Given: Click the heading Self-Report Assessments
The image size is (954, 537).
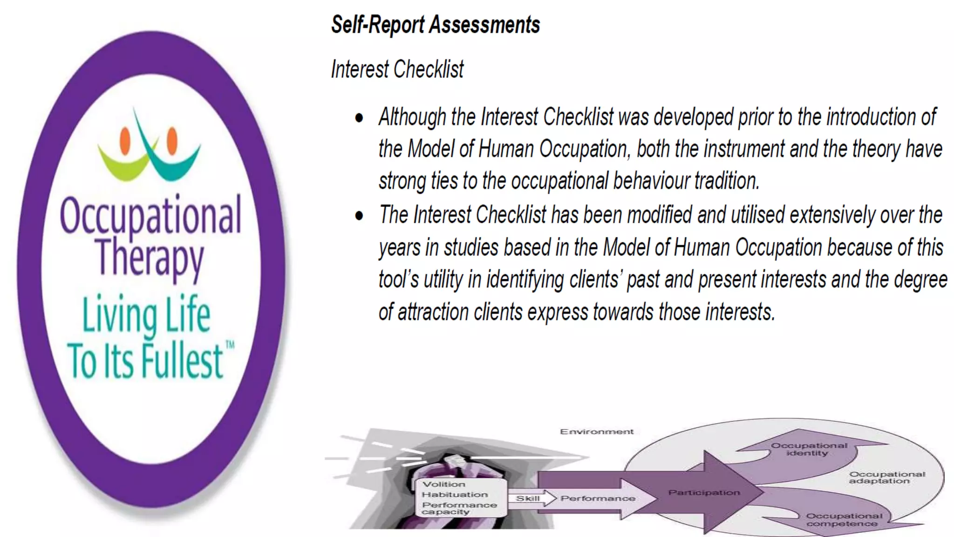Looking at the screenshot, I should (x=435, y=24).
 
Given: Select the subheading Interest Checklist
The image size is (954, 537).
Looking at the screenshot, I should (x=397, y=69).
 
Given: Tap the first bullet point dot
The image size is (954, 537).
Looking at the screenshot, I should (x=359, y=118).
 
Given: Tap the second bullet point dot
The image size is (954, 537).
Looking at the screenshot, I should (x=359, y=216).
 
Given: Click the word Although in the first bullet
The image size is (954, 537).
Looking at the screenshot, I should (x=412, y=117).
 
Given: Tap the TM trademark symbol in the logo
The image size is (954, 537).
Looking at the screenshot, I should (x=230, y=345).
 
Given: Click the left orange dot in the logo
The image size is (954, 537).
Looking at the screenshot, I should (x=125, y=140).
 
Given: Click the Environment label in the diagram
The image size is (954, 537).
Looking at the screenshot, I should (x=596, y=432).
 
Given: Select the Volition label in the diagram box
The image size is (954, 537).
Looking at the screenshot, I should (x=443, y=484).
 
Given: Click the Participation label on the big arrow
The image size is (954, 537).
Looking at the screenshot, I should (x=704, y=492).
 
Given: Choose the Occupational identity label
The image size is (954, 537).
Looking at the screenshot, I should (x=809, y=449).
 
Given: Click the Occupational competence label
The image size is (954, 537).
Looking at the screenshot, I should (x=844, y=520).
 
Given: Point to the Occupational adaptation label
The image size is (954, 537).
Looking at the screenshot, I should (x=886, y=477).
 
